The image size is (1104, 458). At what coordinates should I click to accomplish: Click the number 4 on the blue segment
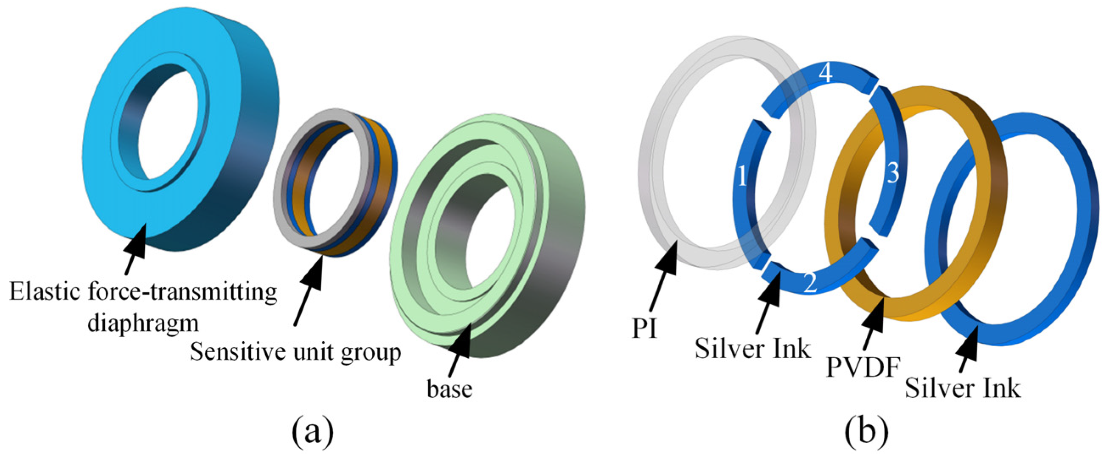coord(826,74)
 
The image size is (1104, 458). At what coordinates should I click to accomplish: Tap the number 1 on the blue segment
coord(742,176)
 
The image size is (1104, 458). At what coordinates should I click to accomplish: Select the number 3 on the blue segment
coord(893,174)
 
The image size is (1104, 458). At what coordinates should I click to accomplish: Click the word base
coord(449,388)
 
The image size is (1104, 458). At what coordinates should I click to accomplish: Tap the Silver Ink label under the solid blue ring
coord(963,388)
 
